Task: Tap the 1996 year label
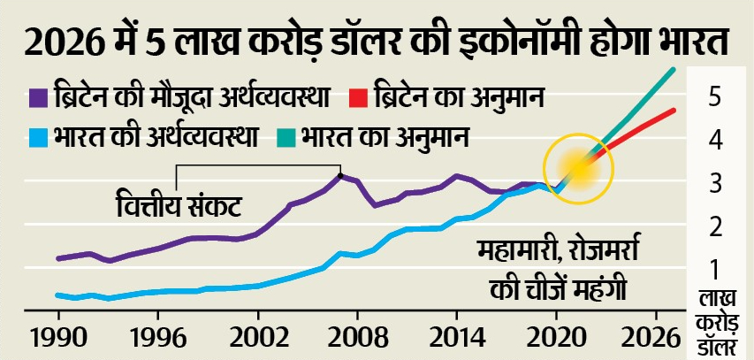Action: (x=157, y=339)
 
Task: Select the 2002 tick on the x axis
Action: (x=257, y=339)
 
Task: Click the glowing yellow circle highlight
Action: (x=576, y=166)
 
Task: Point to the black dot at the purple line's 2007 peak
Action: (x=341, y=174)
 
